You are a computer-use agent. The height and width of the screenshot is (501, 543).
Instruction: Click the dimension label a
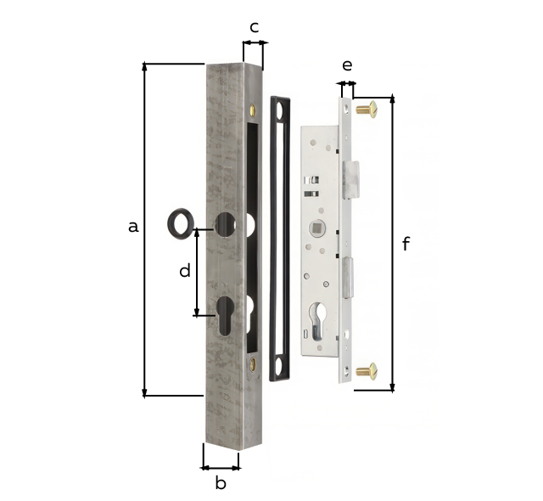click(132, 226)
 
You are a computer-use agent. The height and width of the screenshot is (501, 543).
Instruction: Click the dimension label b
click(220, 483)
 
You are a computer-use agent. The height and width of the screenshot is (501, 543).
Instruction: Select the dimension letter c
click(254, 26)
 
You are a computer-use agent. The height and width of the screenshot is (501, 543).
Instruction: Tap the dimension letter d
click(184, 271)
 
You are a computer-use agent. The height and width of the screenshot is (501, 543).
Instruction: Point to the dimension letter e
click(346, 65)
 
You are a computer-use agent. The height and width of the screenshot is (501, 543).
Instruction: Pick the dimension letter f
click(406, 245)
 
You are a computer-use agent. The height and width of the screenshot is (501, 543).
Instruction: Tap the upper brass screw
click(366, 109)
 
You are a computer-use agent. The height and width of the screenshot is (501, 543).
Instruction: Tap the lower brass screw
click(366, 369)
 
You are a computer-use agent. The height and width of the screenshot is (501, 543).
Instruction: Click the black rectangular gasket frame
click(280, 238)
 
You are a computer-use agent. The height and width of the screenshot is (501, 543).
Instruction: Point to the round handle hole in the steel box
click(224, 224)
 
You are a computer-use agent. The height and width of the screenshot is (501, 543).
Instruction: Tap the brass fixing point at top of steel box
click(254, 109)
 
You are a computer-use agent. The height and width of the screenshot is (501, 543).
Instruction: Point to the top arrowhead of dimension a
click(145, 65)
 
